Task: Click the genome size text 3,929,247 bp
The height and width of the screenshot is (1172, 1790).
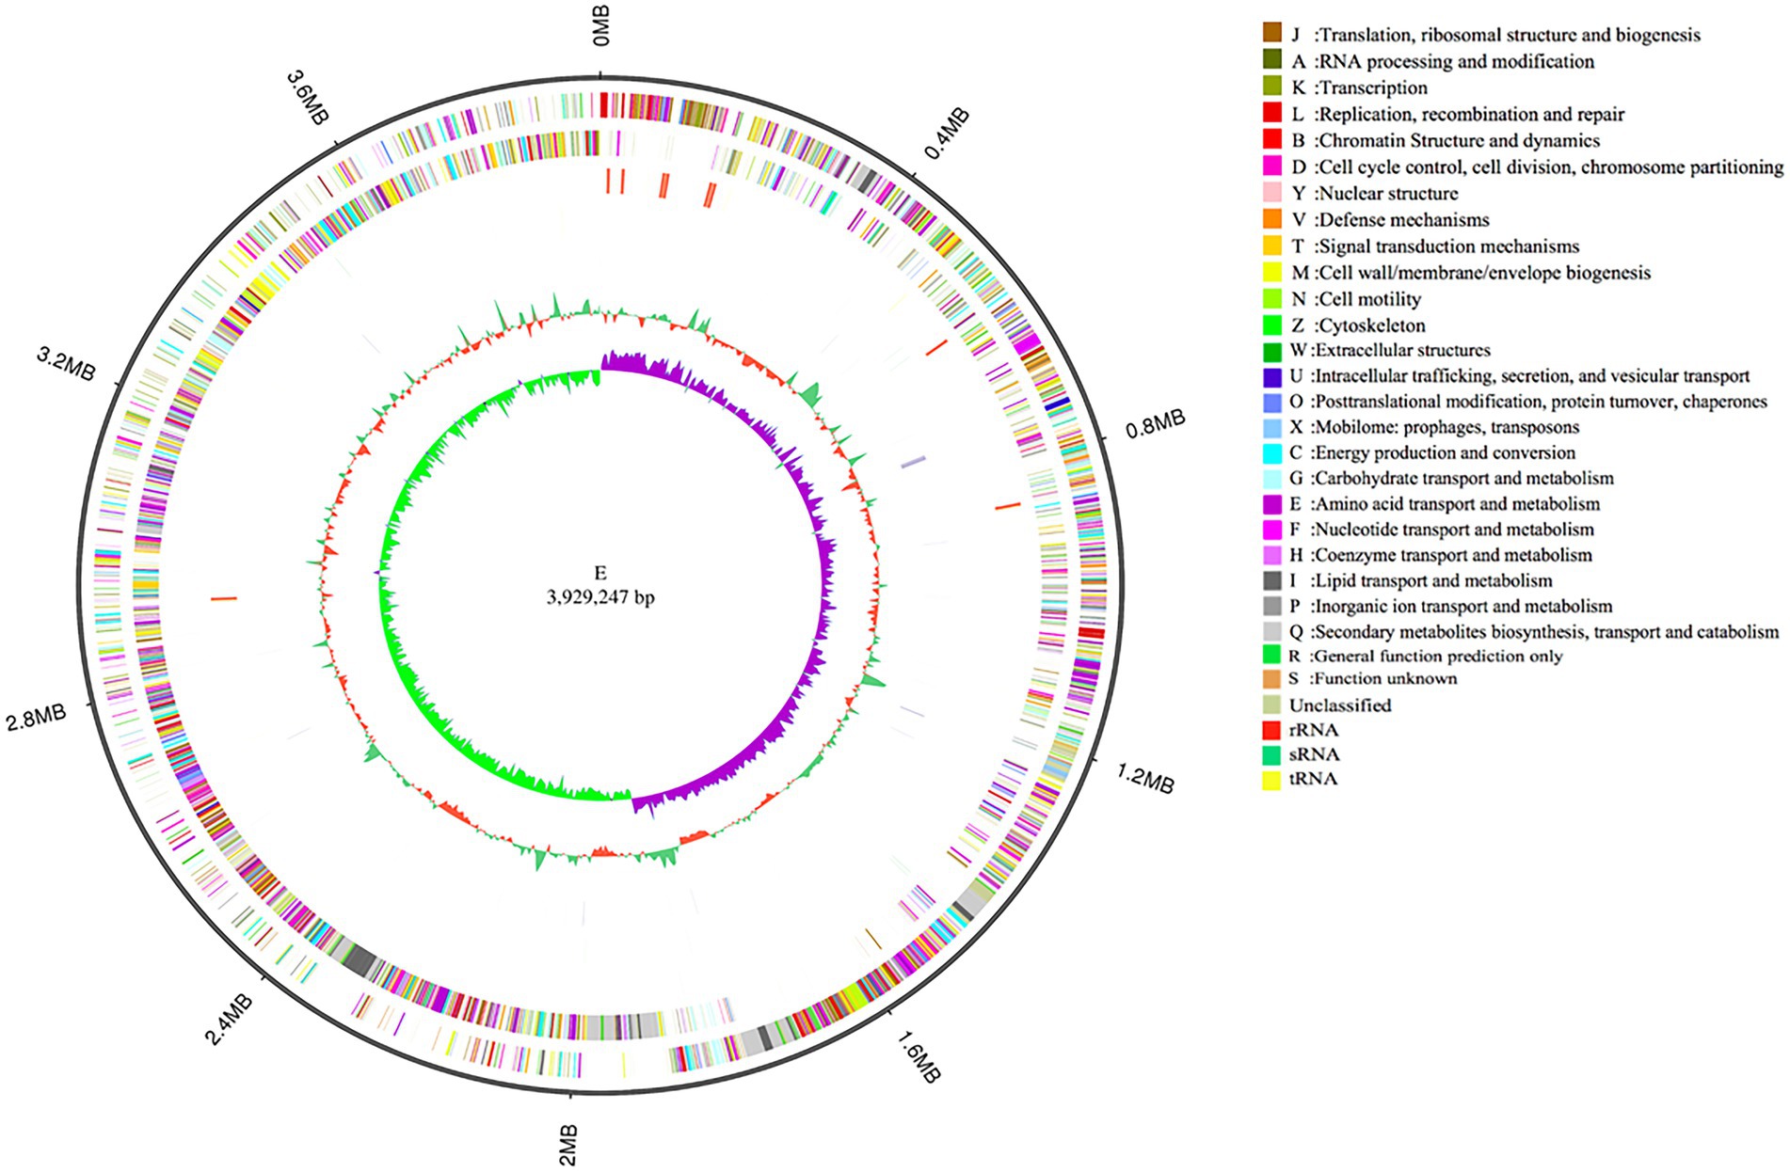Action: pyautogui.click(x=600, y=596)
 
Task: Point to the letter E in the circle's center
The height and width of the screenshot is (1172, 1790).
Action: pyautogui.click(x=600, y=573)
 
